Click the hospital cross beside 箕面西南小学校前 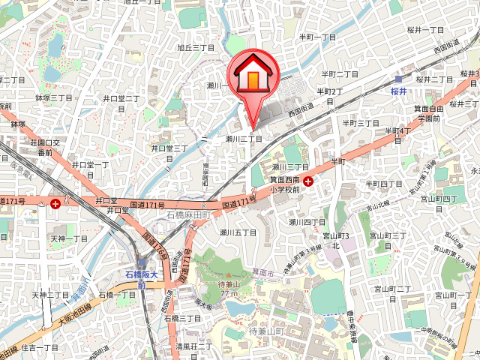(x=308, y=181)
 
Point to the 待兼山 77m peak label (x=227, y=288)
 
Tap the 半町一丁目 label (x=318, y=37)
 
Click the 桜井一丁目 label (x=426, y=29)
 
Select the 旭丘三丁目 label (x=196, y=47)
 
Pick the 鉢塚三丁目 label (x=54, y=98)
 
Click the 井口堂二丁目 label (x=121, y=98)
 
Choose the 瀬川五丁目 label (x=238, y=232)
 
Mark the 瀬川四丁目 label (x=307, y=222)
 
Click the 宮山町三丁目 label (x=388, y=236)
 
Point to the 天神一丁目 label (x=70, y=238)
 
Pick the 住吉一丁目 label (x=40, y=348)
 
